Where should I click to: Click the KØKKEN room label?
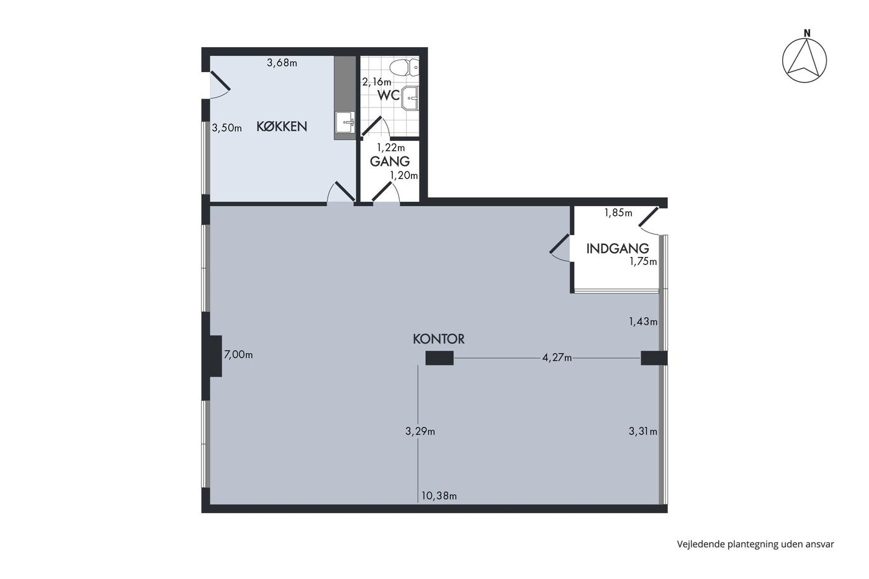[x=282, y=127]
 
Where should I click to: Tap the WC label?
[x=389, y=95]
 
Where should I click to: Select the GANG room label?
[x=390, y=161]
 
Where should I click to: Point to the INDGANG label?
[x=618, y=249]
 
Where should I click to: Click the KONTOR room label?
[x=438, y=339]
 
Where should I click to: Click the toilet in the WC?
[x=404, y=68]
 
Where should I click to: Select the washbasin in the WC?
[x=410, y=98]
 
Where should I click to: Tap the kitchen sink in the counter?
[x=344, y=122]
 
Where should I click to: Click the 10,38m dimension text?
[x=439, y=496]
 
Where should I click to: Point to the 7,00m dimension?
[x=238, y=354]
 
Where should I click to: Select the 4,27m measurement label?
[x=557, y=357]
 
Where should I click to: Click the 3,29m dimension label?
[x=420, y=431]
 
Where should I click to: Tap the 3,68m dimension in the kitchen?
[x=282, y=63]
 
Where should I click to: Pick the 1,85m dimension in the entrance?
[x=618, y=213]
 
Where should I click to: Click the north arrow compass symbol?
[x=804, y=61]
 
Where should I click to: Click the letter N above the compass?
[x=807, y=34]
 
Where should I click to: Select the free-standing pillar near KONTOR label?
[x=439, y=358]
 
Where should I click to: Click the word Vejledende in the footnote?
[x=701, y=544]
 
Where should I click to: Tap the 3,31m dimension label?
[x=643, y=431]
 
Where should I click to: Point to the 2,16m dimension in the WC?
[x=377, y=82]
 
